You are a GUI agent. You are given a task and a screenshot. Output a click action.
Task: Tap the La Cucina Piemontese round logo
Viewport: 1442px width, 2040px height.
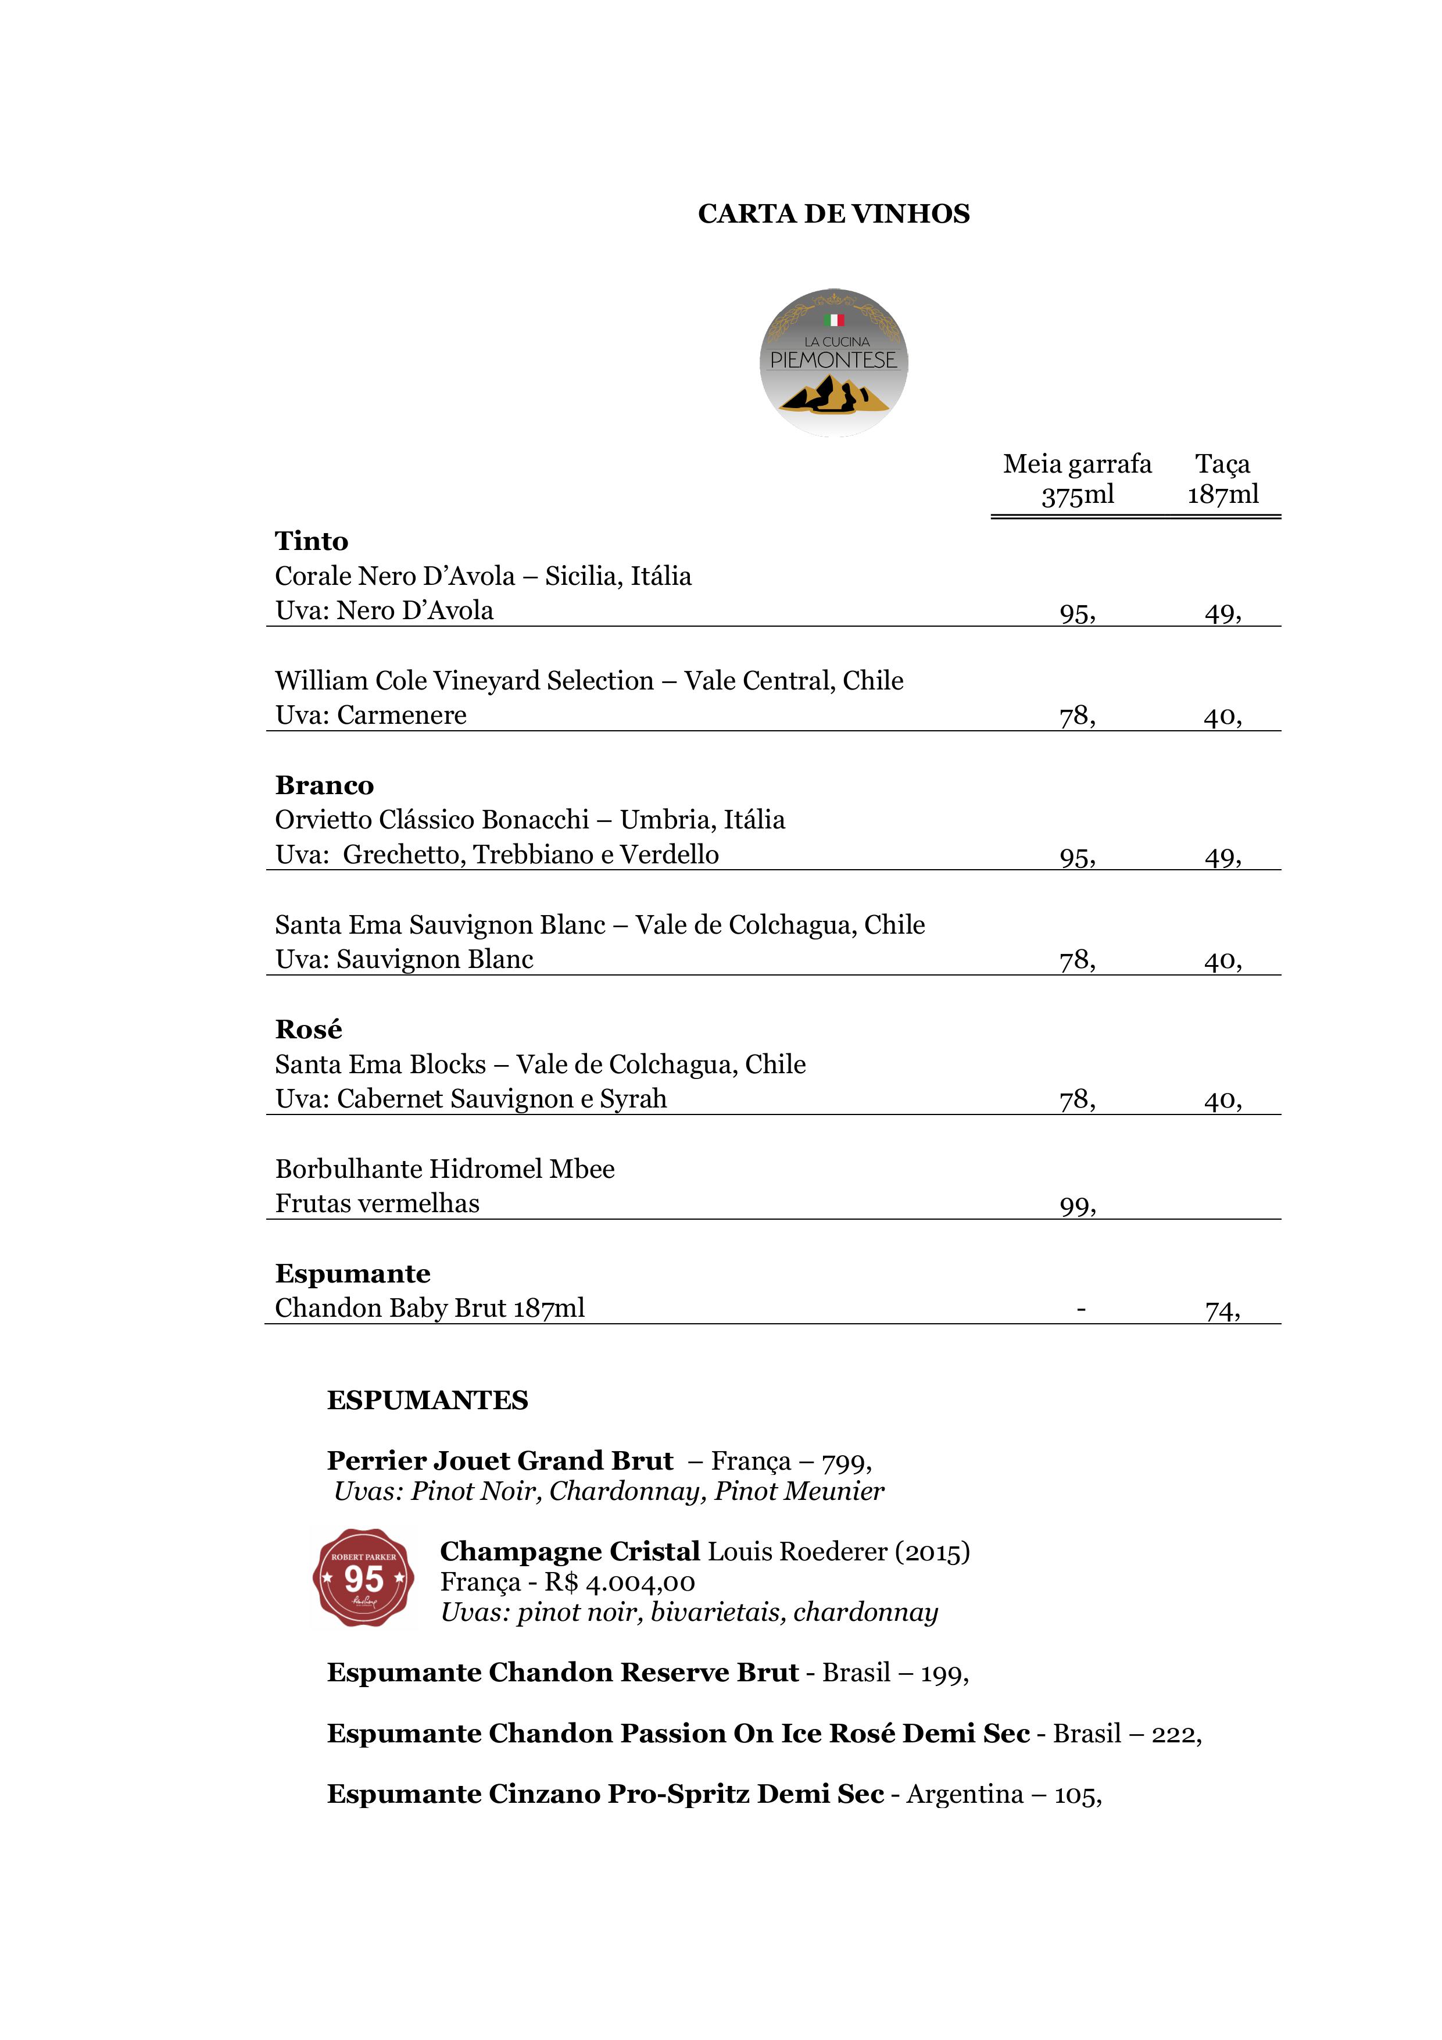(x=833, y=362)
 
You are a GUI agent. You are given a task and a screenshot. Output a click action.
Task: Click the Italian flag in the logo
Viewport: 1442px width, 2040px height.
(x=833, y=320)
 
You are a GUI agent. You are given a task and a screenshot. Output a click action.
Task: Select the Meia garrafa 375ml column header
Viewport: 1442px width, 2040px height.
(x=1077, y=479)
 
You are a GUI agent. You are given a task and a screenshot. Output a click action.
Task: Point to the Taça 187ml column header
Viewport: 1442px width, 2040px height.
(x=1222, y=479)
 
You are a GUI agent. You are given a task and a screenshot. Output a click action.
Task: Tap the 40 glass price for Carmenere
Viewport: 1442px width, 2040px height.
(x=1222, y=716)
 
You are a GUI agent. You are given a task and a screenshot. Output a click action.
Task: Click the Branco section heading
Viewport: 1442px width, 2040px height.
(x=324, y=785)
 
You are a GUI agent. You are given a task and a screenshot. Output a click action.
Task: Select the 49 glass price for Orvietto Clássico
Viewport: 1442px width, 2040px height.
(x=1222, y=858)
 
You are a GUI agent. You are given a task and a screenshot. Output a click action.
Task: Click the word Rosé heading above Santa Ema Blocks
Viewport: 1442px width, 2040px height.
(x=308, y=1030)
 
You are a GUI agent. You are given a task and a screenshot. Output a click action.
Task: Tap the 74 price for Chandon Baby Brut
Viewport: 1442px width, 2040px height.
(x=1222, y=1310)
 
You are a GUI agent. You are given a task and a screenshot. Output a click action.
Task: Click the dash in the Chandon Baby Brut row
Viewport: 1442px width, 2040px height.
(x=1080, y=1309)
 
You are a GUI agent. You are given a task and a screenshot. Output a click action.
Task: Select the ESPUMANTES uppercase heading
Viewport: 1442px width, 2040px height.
(x=427, y=1401)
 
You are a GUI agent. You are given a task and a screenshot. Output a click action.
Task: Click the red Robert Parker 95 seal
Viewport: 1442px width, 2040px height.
(x=363, y=1578)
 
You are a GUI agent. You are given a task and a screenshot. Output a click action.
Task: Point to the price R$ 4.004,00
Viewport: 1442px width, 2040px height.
(x=619, y=1582)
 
